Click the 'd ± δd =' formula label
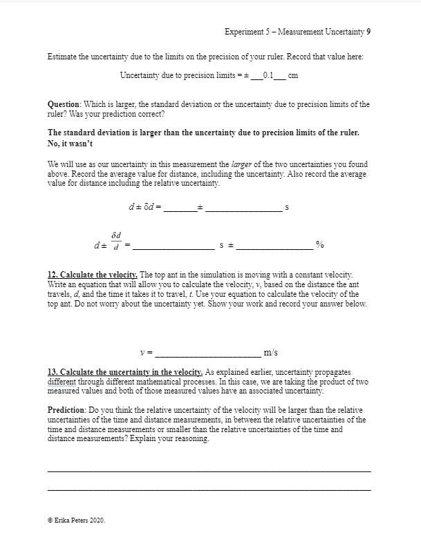point(144,207)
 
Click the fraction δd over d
point(116,241)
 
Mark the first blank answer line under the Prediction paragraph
point(208,471)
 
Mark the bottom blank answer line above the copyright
point(208,490)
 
